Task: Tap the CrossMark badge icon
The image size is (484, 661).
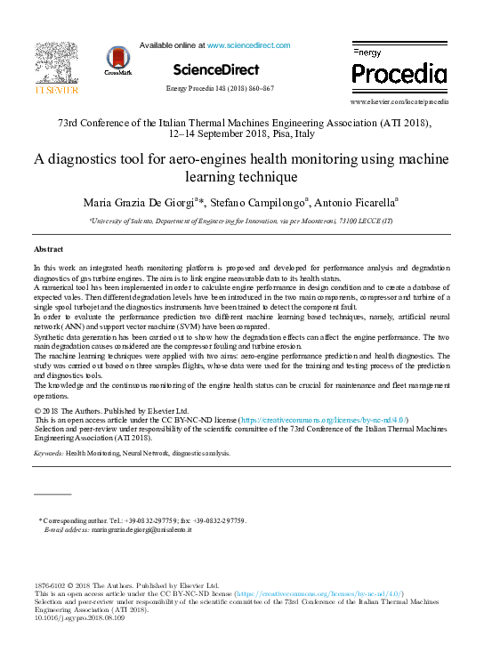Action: [x=117, y=60]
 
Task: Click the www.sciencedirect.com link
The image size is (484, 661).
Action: [x=248, y=44]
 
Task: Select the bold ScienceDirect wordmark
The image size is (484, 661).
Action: [x=216, y=69]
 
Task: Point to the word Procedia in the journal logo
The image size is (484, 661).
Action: [x=399, y=73]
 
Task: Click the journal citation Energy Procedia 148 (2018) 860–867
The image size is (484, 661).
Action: [x=220, y=89]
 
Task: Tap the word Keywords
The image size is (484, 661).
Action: [x=47, y=453]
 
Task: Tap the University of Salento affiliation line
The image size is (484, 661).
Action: [x=240, y=226]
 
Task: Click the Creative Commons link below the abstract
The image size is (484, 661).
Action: [x=324, y=418]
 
